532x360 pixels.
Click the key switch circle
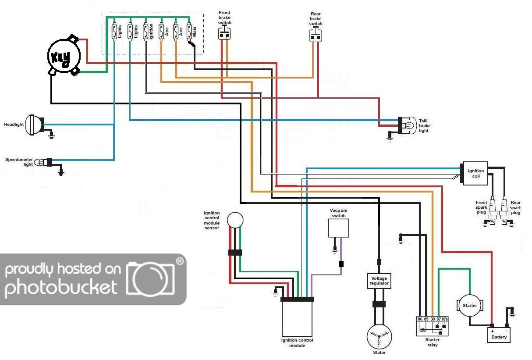(64, 56)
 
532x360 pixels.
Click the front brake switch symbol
(225, 33)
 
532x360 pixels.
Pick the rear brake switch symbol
(316, 36)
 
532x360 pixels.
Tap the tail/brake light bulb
(407, 125)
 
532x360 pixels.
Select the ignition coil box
(475, 173)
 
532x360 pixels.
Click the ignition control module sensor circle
(235, 220)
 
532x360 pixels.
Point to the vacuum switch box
(339, 228)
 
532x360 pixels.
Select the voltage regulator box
(379, 281)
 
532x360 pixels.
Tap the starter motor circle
(470, 306)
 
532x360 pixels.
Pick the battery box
(499, 335)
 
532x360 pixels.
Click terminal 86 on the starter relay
(419, 319)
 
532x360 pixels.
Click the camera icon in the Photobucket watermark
(150, 278)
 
